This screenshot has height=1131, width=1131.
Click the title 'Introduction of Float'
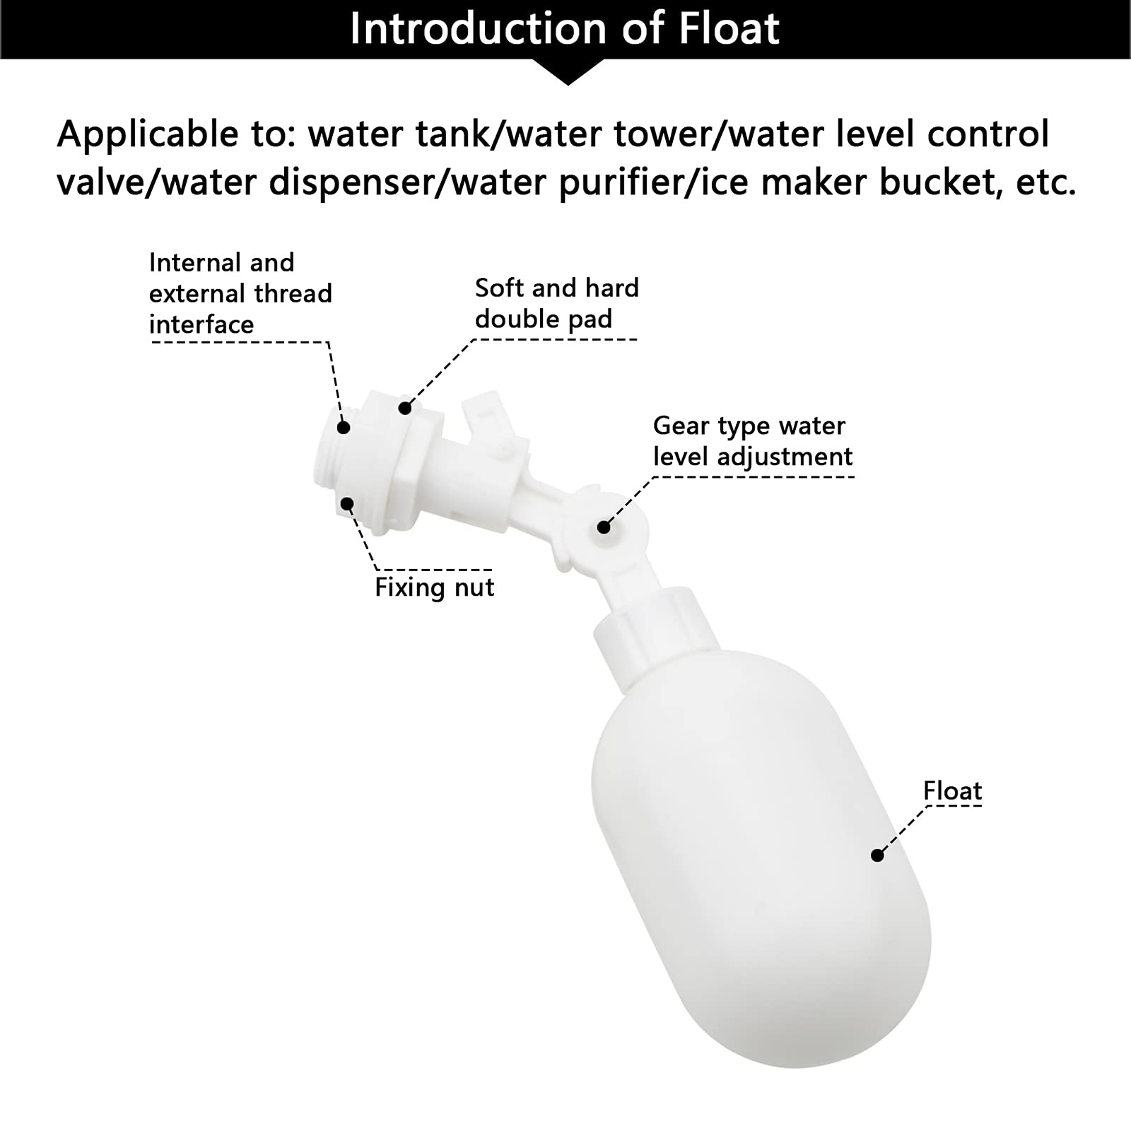pyautogui.click(x=564, y=29)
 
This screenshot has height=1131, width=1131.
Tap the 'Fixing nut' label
pyautogui.click(x=434, y=587)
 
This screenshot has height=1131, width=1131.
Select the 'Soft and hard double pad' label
pyautogui.click(x=556, y=303)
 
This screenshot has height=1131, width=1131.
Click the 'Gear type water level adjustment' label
pyautogui.click(x=752, y=441)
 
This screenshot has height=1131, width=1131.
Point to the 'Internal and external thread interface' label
pyautogui.click(x=240, y=293)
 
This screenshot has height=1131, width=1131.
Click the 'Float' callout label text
pyautogui.click(x=952, y=791)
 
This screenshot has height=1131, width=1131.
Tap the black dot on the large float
pyautogui.click(x=877, y=855)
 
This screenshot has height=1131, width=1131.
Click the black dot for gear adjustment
pyautogui.click(x=604, y=527)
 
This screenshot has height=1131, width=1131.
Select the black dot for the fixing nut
pyautogui.click(x=347, y=503)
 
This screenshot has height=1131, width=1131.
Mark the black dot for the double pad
pyautogui.click(x=405, y=408)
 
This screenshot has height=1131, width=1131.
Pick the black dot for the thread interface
pyautogui.click(x=344, y=427)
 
